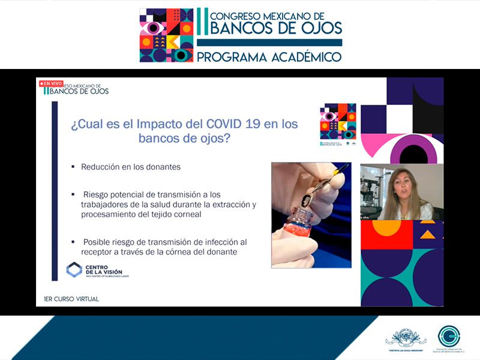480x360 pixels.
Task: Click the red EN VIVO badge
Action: pyautogui.click(x=51, y=83)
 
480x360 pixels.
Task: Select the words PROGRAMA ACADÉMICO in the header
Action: pyautogui.click(x=269, y=57)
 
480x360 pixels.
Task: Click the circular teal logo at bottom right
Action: pyautogui.click(x=449, y=335)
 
